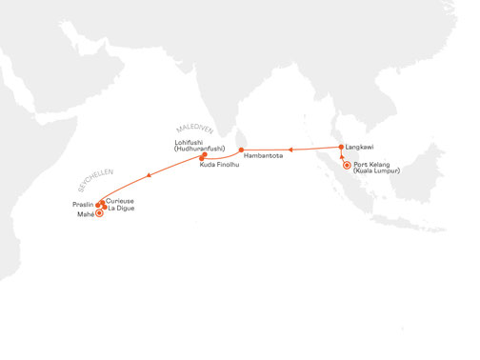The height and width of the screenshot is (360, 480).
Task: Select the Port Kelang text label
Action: click(371, 166)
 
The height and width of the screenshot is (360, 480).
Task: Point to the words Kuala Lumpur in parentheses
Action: click(375, 172)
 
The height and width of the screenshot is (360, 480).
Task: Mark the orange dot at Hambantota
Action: click(241, 150)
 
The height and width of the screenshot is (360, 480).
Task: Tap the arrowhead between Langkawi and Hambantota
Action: click(291, 150)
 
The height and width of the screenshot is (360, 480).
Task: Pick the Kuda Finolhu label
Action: click(218, 166)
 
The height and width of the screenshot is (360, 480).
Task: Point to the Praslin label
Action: click(84, 204)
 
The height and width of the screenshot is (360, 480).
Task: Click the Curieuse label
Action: click(121, 201)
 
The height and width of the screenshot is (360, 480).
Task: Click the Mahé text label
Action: click(85, 216)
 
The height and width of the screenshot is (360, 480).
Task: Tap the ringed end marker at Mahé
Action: click(101, 213)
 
